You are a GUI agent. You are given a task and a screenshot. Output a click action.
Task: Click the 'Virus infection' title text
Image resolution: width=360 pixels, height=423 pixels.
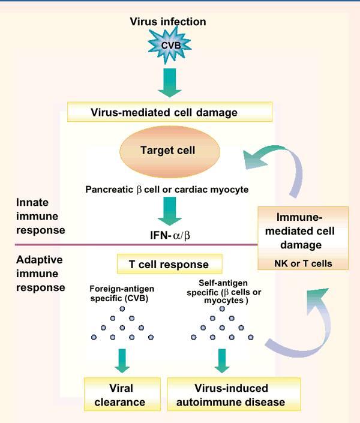[168, 22]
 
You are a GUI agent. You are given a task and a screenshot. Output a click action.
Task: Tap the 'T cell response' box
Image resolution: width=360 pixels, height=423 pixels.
[169, 264]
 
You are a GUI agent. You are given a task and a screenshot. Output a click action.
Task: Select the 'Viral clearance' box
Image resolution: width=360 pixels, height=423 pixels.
[122, 394]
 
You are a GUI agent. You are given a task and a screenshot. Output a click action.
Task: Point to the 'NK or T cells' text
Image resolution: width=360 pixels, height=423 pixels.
[303, 262]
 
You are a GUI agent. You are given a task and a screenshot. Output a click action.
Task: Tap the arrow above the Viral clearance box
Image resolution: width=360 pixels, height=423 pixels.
[122, 361]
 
